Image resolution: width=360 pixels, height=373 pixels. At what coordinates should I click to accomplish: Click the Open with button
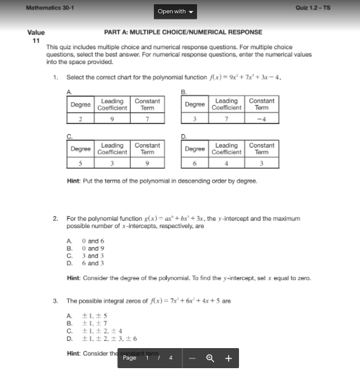[176, 12]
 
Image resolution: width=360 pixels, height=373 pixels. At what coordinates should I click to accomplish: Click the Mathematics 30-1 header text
[50, 8]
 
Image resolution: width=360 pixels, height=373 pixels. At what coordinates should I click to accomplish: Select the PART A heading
[183, 32]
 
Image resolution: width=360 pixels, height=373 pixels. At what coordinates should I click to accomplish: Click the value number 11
[35, 41]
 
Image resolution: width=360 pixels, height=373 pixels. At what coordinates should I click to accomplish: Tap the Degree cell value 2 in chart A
[80, 119]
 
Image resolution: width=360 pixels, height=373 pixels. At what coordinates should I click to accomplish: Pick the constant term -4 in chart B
[261, 119]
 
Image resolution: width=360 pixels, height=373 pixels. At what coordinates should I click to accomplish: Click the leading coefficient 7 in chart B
[226, 119]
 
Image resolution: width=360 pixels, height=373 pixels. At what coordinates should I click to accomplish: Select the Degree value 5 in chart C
[80, 163]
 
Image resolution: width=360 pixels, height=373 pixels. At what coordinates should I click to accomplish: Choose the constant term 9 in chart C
[147, 163]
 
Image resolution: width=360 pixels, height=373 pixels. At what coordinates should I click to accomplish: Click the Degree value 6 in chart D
[195, 163]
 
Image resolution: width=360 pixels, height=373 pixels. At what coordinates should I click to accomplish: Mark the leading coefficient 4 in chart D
[226, 163]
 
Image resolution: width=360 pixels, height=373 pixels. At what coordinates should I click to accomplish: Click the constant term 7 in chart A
[147, 119]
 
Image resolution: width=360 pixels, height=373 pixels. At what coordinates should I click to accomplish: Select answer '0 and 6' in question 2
[92, 241]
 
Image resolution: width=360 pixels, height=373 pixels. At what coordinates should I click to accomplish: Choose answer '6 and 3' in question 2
[92, 263]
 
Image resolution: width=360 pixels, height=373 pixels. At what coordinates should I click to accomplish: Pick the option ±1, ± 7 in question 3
[95, 324]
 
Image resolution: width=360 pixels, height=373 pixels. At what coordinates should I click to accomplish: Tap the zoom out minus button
[192, 358]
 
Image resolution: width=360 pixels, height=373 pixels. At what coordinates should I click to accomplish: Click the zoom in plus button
[229, 358]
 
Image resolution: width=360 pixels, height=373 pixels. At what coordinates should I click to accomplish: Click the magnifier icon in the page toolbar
[210, 358]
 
